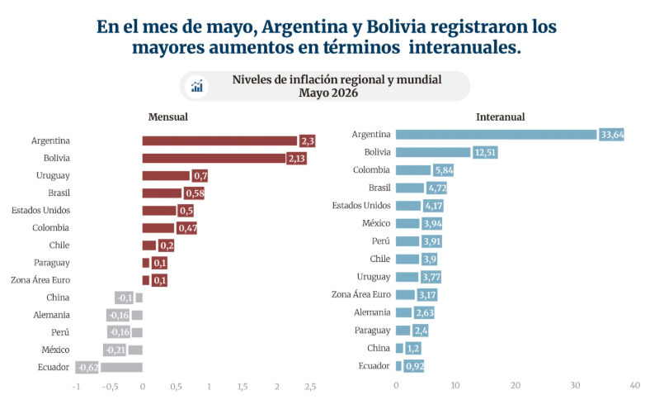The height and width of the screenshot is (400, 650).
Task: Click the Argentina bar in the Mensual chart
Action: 219,140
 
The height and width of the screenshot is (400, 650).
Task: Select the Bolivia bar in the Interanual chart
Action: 433,152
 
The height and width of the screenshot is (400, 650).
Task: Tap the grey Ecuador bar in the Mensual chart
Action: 121,367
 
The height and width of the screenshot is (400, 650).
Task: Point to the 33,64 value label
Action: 611,135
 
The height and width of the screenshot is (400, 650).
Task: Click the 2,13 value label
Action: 296,158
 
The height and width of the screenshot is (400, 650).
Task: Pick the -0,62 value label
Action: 87,367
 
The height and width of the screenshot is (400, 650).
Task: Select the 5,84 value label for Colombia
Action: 444,170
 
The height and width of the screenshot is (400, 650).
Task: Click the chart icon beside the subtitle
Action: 197,87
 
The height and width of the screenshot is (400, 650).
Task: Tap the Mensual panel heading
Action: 168,117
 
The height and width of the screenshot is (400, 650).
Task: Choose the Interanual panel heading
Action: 501,117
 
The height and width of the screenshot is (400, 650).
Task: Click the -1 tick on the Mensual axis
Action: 76,386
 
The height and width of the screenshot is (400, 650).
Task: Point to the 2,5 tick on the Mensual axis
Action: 310,386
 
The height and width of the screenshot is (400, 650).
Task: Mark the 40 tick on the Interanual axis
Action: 634,385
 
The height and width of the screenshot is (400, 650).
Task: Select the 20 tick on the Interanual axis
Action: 516,385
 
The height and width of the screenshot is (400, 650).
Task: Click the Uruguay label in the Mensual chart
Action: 53,176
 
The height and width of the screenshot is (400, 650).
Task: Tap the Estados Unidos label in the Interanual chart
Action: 361,205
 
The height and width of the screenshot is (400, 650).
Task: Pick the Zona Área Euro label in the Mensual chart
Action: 40,280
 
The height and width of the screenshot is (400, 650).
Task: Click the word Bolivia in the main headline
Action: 396,27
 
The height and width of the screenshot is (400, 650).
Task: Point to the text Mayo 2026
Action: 328,93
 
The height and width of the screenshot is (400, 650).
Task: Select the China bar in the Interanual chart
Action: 399,348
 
